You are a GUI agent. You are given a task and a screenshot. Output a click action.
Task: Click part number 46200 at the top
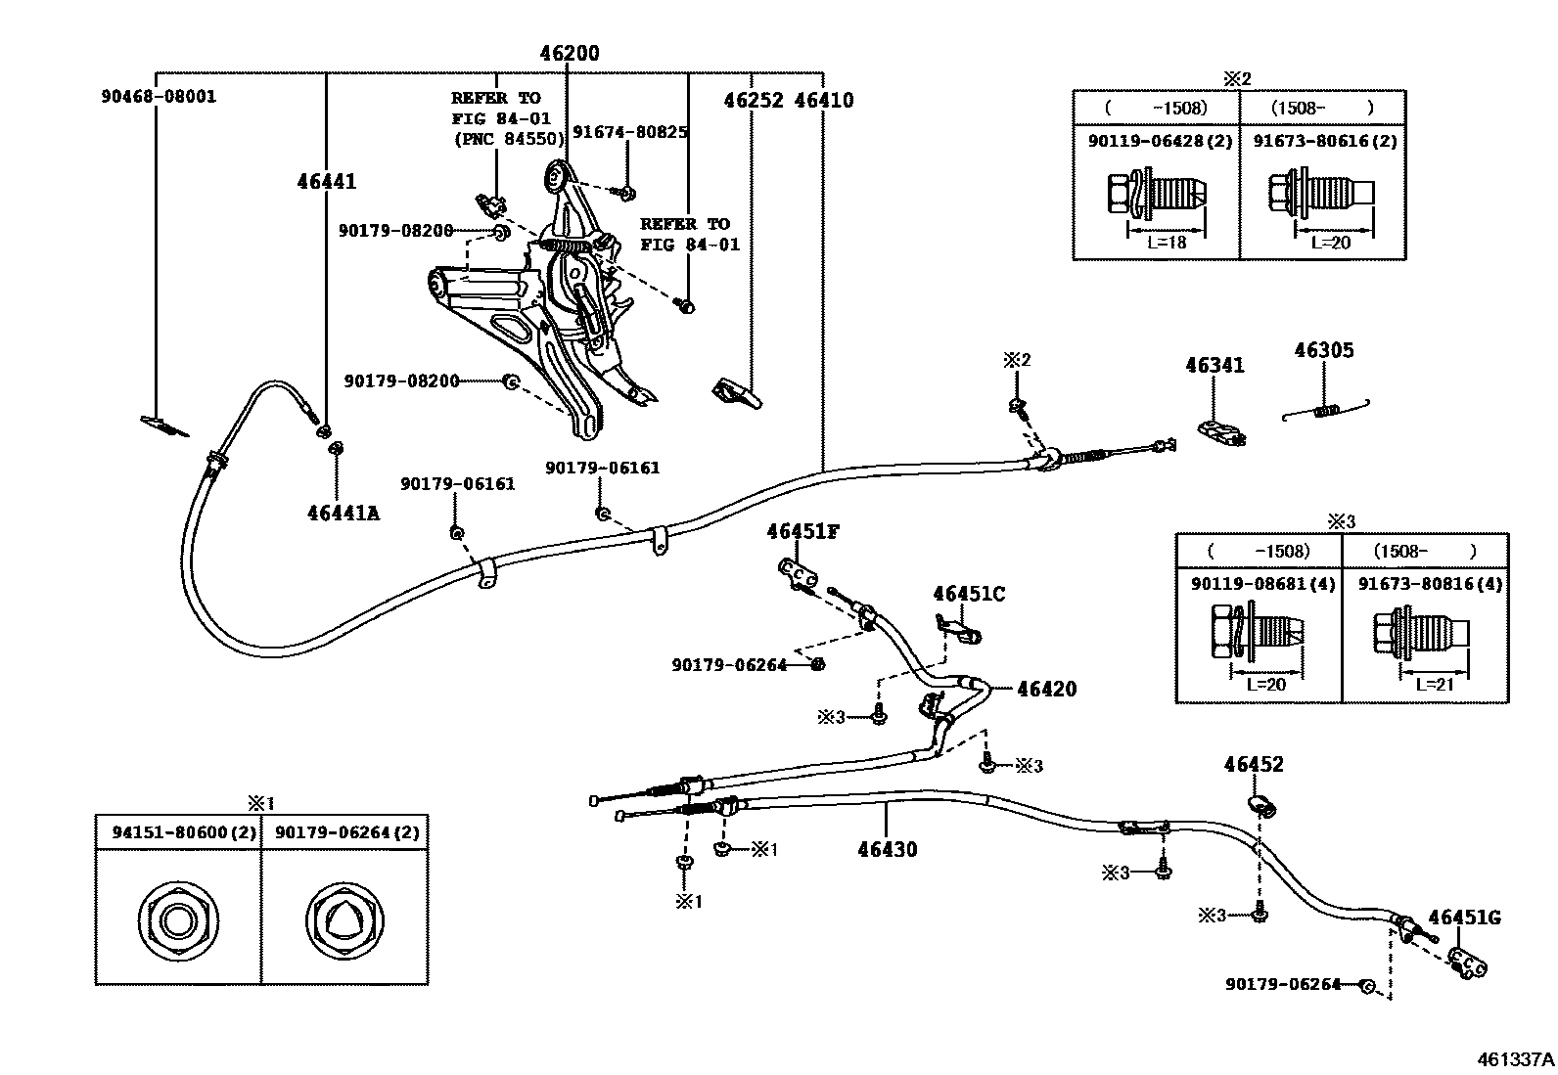pos(570,54)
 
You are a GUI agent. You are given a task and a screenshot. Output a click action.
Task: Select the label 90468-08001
pos(159,97)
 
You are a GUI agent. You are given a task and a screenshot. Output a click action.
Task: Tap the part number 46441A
pos(343,513)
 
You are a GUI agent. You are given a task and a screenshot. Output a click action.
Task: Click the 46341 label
pos(1214,366)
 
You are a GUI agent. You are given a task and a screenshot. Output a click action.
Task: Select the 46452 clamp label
pos(1253,765)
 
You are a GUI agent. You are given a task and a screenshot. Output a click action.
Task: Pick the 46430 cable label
pos(888,850)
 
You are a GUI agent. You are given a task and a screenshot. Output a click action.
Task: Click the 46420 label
pos(1046,690)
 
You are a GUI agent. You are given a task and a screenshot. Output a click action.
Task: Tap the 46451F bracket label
pos(802,532)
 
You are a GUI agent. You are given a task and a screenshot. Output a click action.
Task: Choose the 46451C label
pos(968,594)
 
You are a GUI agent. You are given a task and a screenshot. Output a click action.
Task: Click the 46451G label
pos(1464,918)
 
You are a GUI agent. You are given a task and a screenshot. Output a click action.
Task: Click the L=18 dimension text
pos(1166,242)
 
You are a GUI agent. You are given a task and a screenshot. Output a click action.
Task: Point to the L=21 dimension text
pos(1434,685)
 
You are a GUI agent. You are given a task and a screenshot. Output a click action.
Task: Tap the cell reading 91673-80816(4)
pos(1430,584)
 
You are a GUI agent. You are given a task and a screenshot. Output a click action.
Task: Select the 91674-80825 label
pos(629,132)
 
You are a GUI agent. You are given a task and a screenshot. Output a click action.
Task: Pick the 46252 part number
pos(754,100)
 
